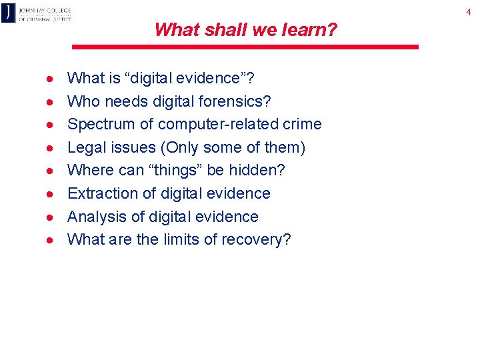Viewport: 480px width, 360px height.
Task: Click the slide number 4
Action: click(468, 11)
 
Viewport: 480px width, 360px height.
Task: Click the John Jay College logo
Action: click(36, 13)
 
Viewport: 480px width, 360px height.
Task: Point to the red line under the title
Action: click(245, 47)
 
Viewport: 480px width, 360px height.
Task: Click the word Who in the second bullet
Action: click(82, 101)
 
